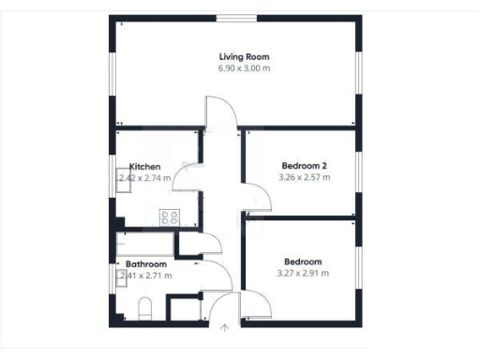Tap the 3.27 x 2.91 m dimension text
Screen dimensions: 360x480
tap(303, 274)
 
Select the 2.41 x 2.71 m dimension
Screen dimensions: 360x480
tap(142, 277)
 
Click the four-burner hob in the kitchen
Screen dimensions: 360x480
tap(170, 217)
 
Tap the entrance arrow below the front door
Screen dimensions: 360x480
tap(224, 328)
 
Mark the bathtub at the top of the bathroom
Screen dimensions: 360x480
tap(145, 246)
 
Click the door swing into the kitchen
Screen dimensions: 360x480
tap(188, 174)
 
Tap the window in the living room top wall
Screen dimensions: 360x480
tap(235, 18)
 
